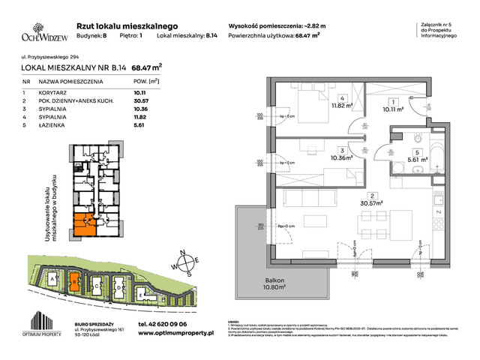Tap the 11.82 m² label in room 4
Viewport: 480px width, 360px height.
pyautogui.click(x=343, y=106)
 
